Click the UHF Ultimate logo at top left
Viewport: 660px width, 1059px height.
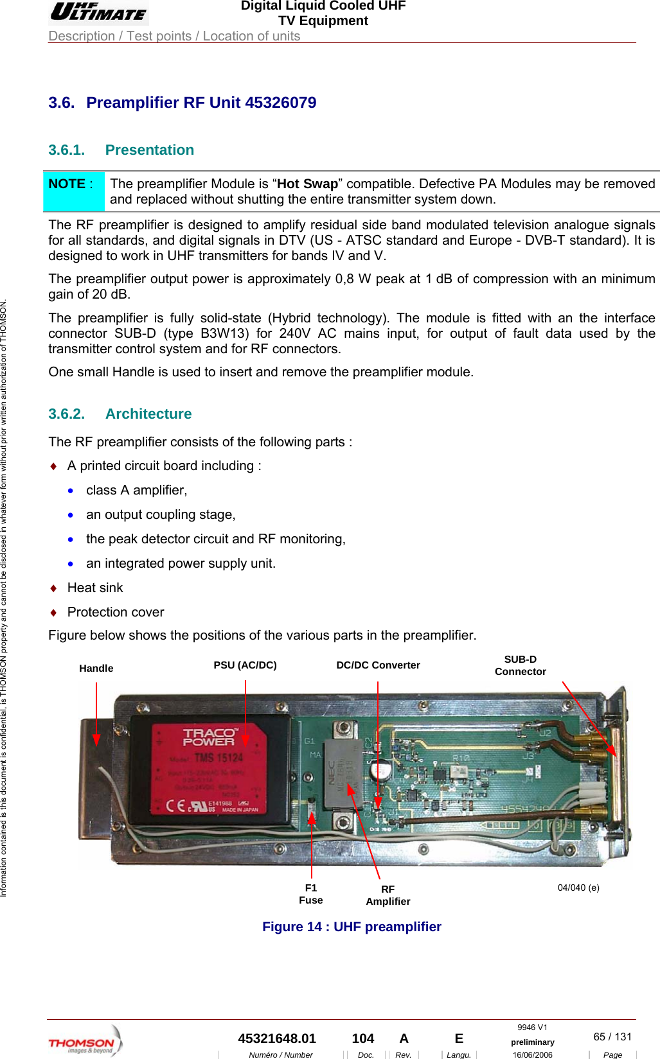click(98, 12)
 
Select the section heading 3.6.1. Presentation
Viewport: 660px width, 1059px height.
click(121, 150)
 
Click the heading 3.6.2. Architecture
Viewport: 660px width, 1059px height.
click(120, 414)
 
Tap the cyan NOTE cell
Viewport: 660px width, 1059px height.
click(73, 191)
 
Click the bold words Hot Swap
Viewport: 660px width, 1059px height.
click(307, 184)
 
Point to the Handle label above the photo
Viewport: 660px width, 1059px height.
click(96, 669)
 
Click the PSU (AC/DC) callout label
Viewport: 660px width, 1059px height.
click(245, 665)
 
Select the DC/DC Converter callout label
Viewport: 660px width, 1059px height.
click(378, 665)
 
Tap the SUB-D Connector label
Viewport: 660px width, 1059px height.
click(520, 665)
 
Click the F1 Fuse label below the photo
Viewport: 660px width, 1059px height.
click(311, 894)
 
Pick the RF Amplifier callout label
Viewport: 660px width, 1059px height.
click(388, 895)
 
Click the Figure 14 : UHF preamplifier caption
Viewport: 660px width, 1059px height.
click(352, 927)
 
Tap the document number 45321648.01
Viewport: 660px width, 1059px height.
click(277, 1038)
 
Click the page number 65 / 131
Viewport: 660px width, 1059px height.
click(612, 1037)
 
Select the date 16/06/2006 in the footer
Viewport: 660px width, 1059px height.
click(532, 1055)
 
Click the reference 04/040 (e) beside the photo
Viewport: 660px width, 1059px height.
click(578, 888)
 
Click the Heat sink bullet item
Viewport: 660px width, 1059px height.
click(95, 588)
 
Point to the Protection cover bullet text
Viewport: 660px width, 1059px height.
click(116, 613)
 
